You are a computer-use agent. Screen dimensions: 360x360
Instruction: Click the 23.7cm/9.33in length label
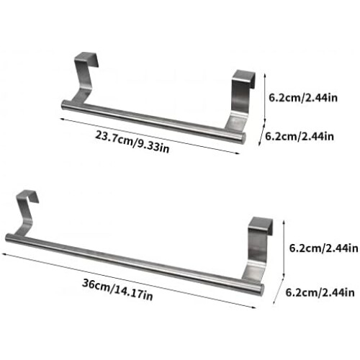132,142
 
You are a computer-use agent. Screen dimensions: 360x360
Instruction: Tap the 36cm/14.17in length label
117,289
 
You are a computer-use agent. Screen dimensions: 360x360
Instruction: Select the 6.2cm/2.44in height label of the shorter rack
303,98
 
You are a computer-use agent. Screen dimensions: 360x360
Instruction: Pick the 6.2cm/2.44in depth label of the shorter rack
300,136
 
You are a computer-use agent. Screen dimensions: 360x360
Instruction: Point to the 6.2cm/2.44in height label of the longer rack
324,248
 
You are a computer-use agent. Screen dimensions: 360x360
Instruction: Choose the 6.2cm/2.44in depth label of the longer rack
320,292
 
